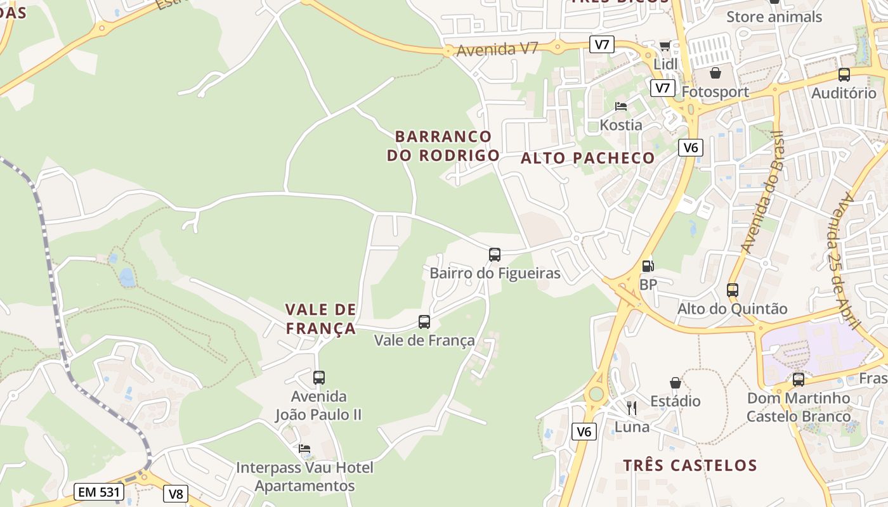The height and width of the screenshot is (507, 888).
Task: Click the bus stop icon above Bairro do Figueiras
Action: click(x=495, y=255)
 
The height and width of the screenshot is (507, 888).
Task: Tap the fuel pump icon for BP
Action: click(x=648, y=266)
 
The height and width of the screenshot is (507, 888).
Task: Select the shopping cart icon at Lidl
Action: click(x=665, y=46)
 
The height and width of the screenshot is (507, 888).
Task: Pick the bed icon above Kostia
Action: click(x=621, y=106)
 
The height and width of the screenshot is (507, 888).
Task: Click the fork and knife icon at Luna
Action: click(x=631, y=408)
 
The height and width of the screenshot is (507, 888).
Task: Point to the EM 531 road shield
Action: click(x=98, y=492)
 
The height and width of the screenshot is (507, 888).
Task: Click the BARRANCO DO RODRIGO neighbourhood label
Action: click(x=443, y=146)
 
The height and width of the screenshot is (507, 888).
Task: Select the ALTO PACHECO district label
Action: click(x=587, y=158)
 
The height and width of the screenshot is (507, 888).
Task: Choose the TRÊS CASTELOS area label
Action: click(x=690, y=466)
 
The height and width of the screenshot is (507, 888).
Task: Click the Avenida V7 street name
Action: click(x=497, y=49)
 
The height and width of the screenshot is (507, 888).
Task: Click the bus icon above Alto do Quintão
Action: click(x=733, y=290)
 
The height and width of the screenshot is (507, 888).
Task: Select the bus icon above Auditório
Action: click(x=844, y=75)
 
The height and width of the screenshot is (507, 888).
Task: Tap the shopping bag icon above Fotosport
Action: click(x=715, y=74)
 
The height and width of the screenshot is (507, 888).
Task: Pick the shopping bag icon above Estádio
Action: click(x=676, y=383)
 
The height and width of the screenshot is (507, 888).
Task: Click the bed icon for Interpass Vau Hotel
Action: click(x=304, y=449)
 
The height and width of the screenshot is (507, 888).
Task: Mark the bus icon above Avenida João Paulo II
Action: click(x=319, y=378)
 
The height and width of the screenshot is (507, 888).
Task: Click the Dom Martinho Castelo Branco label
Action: click(x=799, y=408)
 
